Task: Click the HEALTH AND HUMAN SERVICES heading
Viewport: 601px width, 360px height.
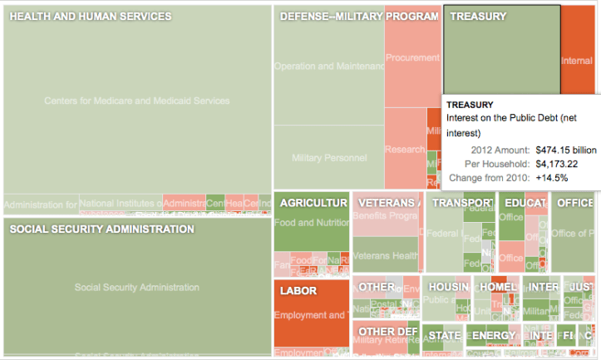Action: pyautogui.click(x=91, y=17)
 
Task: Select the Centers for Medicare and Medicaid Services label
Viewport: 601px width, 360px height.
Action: pyautogui.click(x=137, y=101)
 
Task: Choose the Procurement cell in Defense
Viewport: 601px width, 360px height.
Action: pyautogui.click(x=412, y=58)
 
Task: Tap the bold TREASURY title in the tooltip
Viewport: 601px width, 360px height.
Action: pyautogui.click(x=470, y=105)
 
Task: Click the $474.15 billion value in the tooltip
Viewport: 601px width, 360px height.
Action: pyautogui.click(x=565, y=150)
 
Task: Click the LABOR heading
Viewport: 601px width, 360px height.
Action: pyautogui.click(x=298, y=292)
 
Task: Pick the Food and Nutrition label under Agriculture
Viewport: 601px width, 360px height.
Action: pyautogui.click(x=311, y=223)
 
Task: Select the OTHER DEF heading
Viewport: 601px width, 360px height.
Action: pyautogui.click(x=387, y=332)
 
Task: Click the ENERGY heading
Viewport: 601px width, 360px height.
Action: pyautogui.click(x=494, y=336)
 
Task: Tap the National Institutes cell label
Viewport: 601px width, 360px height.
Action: pyautogui.click(x=121, y=203)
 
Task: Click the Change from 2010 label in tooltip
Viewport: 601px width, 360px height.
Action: pyautogui.click(x=488, y=178)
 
